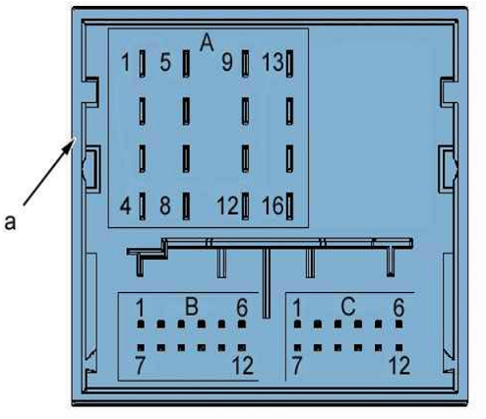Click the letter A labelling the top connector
coord(207,43)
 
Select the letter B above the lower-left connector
coord(192,306)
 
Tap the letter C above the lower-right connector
coord(348,306)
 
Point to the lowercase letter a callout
coord(10,222)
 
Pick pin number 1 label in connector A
coord(125,62)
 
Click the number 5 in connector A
coord(165,62)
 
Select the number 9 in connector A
coord(227,62)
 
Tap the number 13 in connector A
coord(273,62)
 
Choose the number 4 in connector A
coord(126,206)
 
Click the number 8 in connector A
coord(165,206)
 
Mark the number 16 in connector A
coord(273,206)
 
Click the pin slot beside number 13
coord(289,64)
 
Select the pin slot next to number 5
coord(186,64)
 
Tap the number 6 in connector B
coord(242,308)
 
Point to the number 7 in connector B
coord(140,366)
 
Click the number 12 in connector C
coord(399,366)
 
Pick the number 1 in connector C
coord(297,308)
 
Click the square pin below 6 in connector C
coord(399,325)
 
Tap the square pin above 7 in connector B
coord(141,347)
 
